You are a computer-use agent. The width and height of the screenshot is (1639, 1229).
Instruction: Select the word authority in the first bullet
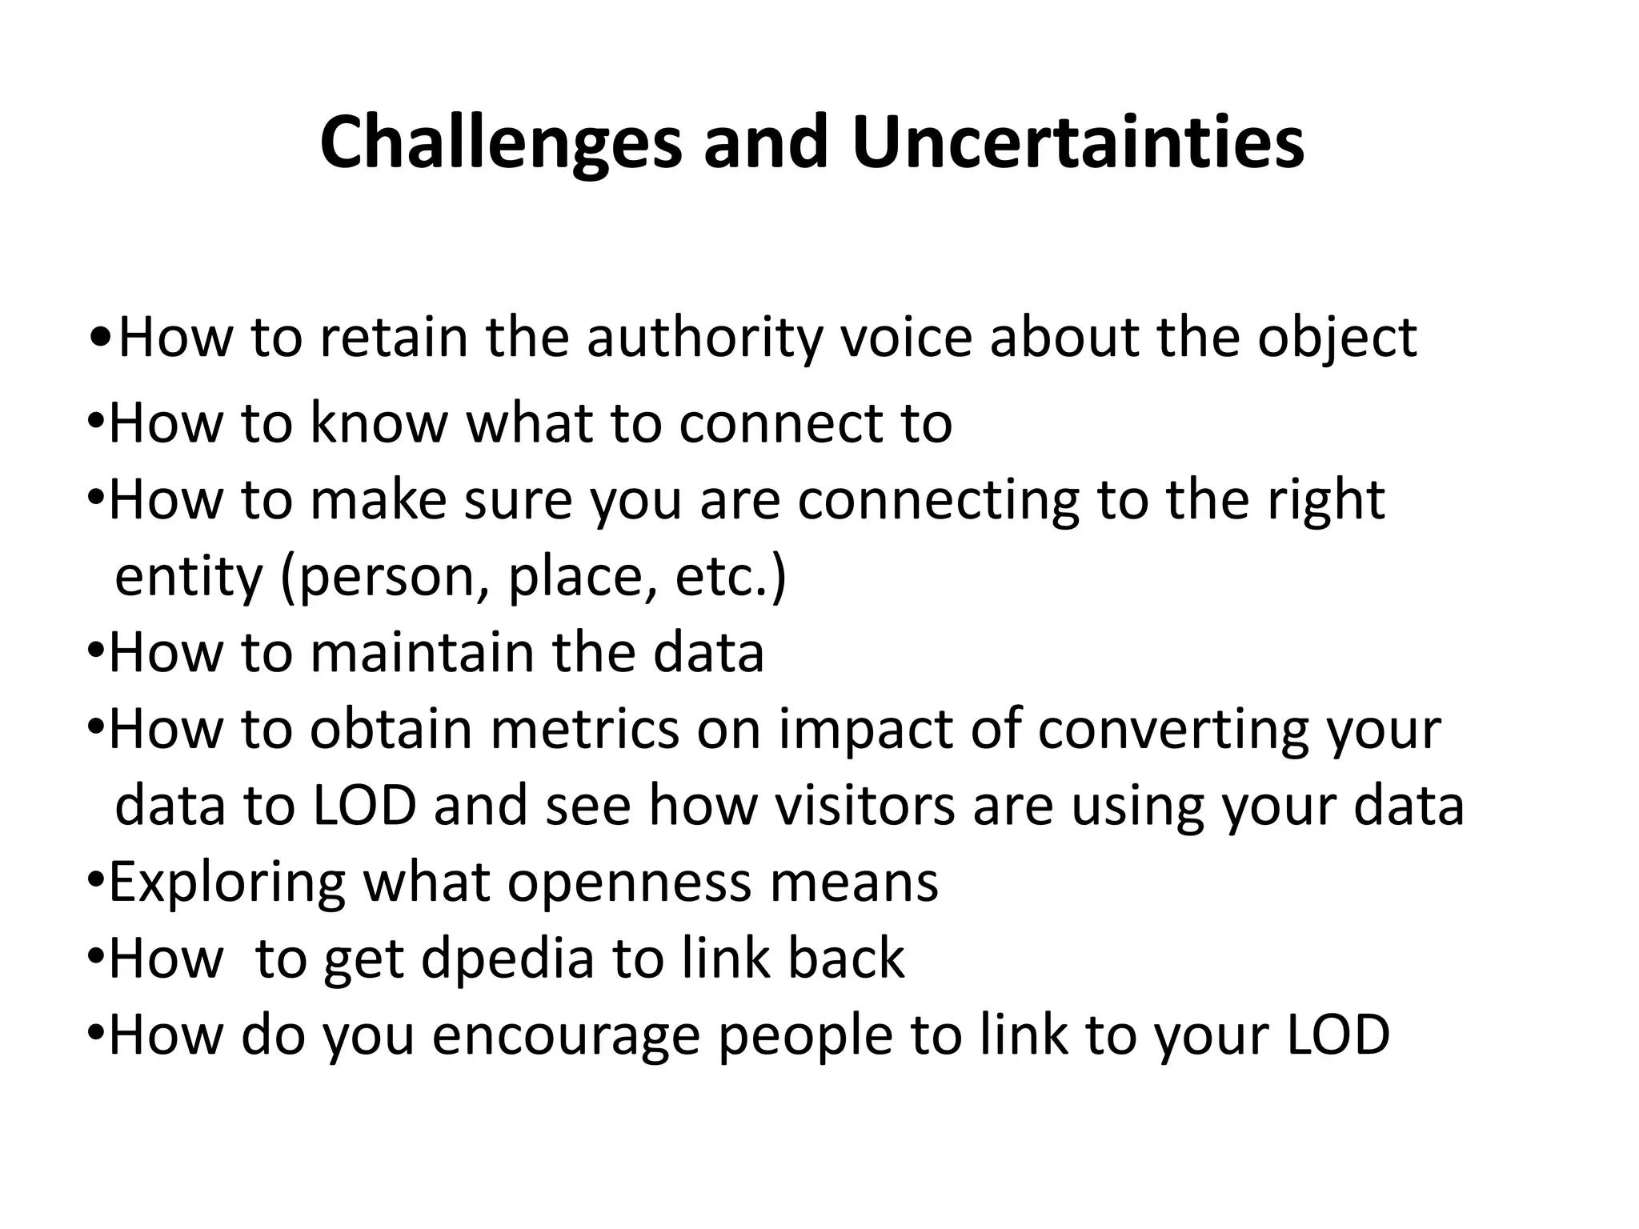(x=704, y=337)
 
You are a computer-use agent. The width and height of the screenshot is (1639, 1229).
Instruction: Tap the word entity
(x=189, y=577)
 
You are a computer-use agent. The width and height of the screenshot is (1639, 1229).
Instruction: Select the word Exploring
(x=227, y=883)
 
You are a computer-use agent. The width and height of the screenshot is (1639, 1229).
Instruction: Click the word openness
(x=629, y=883)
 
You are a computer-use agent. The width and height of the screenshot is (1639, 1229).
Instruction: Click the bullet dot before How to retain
(x=102, y=337)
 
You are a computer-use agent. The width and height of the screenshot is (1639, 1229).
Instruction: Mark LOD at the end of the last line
(x=1337, y=1035)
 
